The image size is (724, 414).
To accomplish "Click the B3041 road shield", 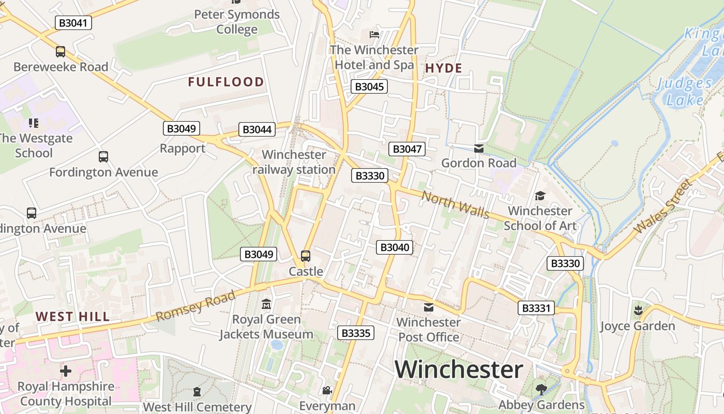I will click(73, 23).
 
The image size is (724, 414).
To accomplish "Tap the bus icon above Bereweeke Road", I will click(61, 52).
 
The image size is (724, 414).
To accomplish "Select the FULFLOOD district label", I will click(226, 82).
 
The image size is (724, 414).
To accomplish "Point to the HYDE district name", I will click(444, 68).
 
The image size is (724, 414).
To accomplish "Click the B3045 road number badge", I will click(369, 86).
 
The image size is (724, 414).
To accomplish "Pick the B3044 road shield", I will click(257, 129).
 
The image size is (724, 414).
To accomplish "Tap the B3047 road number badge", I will click(407, 149).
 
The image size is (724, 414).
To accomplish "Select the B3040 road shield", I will click(395, 247).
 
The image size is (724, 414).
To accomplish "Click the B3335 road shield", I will click(356, 333).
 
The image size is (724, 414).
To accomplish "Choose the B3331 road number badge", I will click(536, 308).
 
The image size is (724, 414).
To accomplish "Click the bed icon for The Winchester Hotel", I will click(374, 35).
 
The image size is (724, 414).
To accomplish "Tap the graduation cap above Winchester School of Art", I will click(540, 196).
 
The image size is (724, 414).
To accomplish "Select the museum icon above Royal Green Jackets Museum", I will click(266, 304).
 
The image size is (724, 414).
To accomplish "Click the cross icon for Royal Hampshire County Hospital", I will click(66, 371).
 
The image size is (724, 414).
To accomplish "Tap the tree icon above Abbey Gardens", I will click(541, 389).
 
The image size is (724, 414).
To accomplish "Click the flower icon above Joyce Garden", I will click(638, 310).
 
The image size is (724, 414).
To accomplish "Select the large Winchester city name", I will click(459, 369).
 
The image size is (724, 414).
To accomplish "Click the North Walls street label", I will click(455, 204).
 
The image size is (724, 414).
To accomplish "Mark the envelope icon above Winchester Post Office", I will click(429, 307).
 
